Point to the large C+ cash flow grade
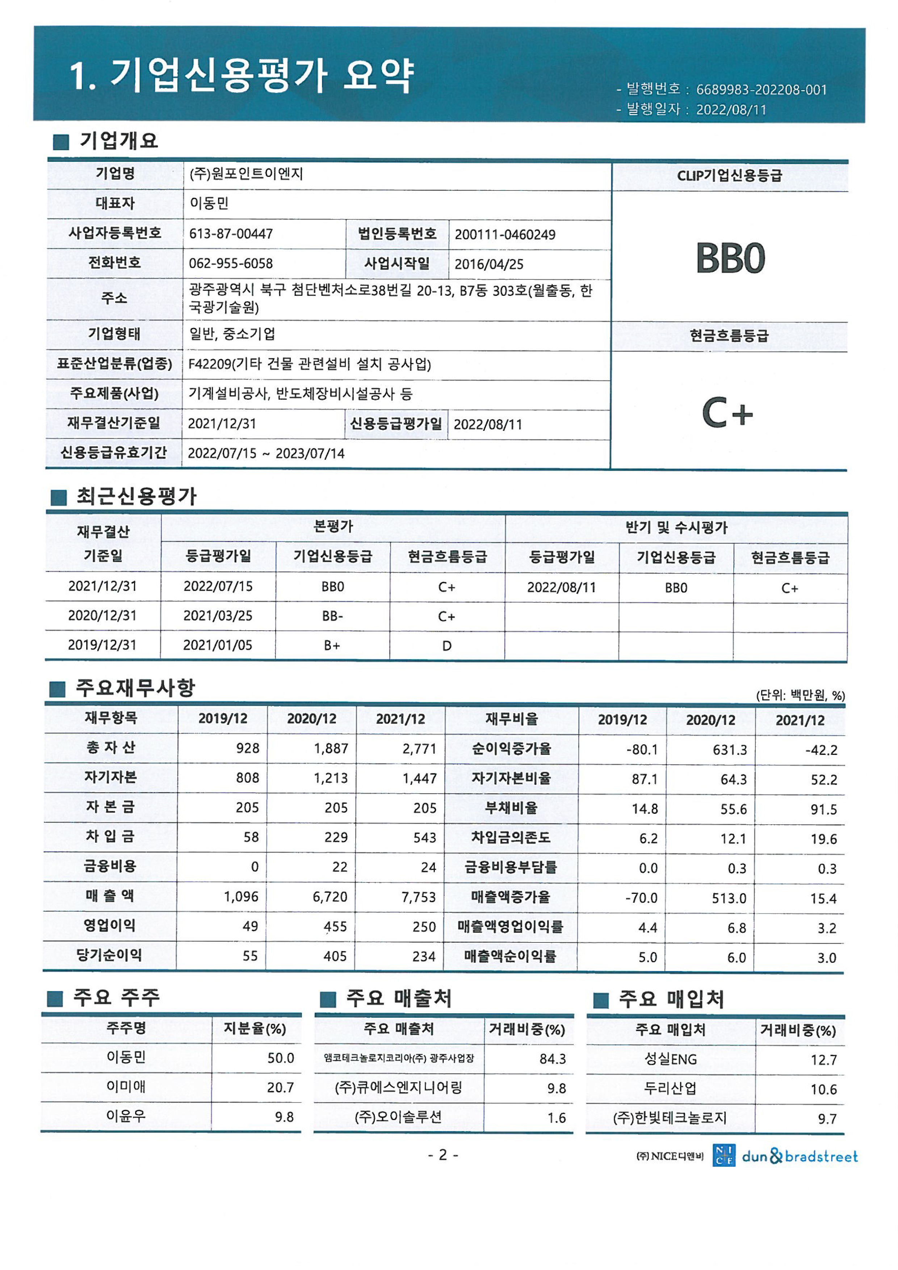(x=727, y=413)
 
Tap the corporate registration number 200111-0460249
(x=505, y=235)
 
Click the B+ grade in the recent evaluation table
(x=332, y=645)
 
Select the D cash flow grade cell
(x=446, y=645)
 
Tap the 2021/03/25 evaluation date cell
(x=218, y=616)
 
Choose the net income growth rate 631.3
(x=729, y=750)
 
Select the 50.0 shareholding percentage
(x=281, y=1058)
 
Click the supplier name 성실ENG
(x=670, y=1059)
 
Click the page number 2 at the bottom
(x=442, y=1155)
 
